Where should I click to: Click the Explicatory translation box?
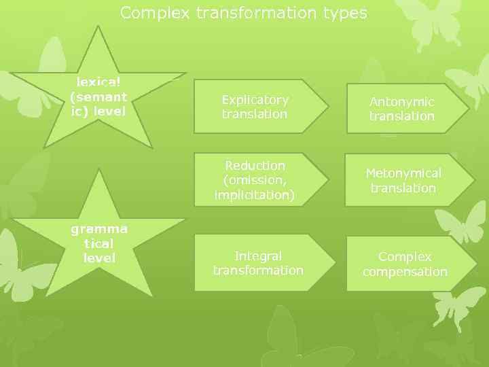coord(255,107)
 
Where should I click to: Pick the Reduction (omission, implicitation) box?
coord(255,180)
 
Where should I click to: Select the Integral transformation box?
coord(259,263)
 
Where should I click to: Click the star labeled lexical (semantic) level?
coord(98,95)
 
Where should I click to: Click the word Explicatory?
coord(255,100)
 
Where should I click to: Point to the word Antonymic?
coord(402,102)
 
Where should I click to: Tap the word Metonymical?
coord(403,174)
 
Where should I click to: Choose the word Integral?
coord(258,256)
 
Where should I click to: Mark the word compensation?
coord(405,272)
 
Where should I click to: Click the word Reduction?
coord(255,166)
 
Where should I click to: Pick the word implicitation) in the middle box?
coord(255,195)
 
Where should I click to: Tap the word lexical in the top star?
coord(98,82)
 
